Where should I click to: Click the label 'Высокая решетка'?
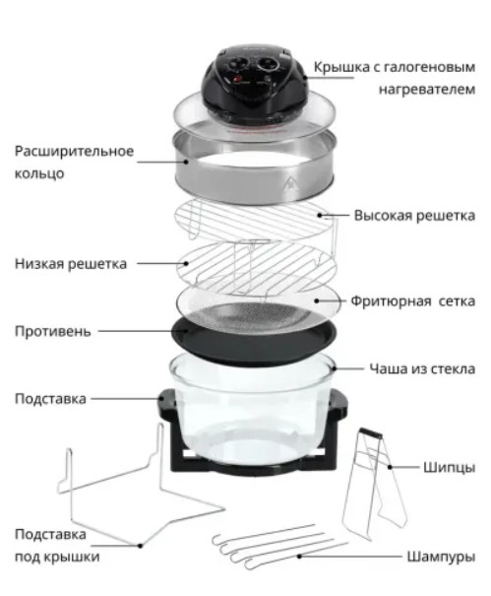(414, 215)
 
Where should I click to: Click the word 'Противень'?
(52, 331)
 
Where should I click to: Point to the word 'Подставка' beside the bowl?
(50, 398)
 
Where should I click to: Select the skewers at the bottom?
(280, 547)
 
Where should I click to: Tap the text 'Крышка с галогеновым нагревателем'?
(395, 78)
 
